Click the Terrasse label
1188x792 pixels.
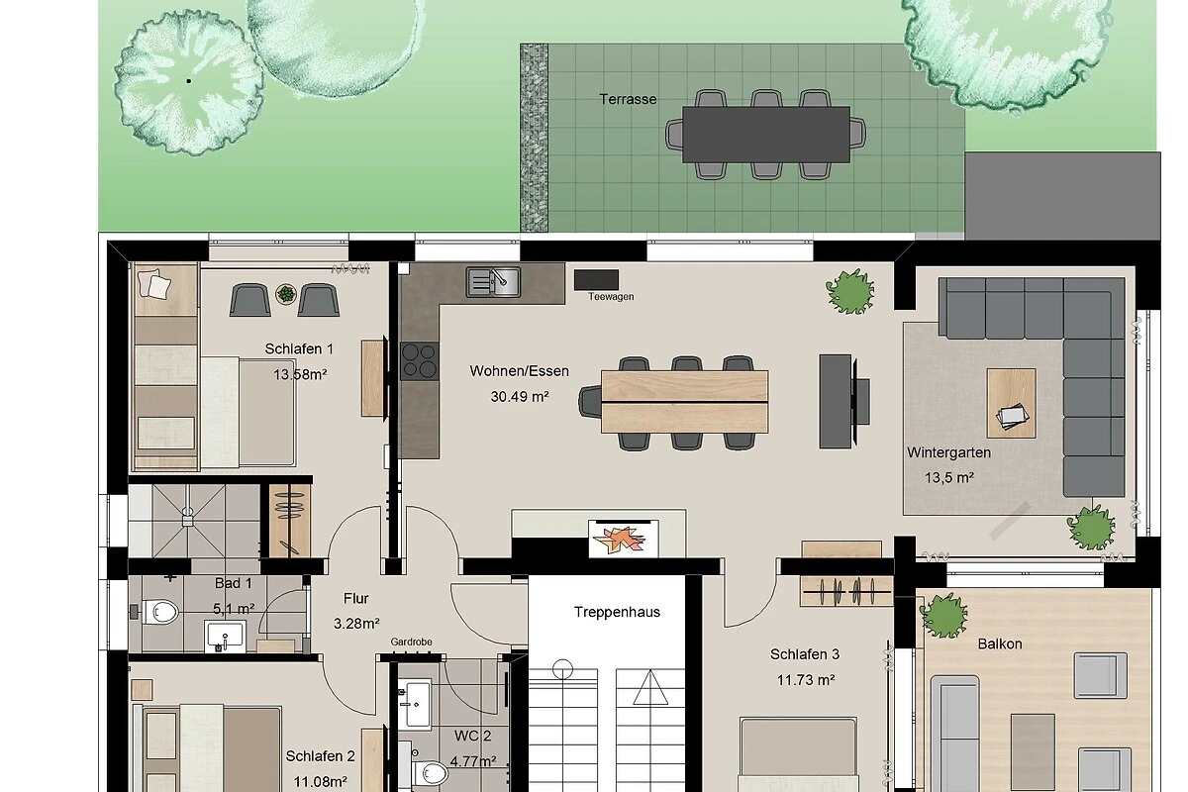pyautogui.click(x=628, y=99)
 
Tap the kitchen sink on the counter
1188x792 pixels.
pyautogui.click(x=493, y=282)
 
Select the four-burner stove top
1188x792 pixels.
pyautogui.click(x=420, y=360)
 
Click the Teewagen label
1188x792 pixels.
pyautogui.click(x=611, y=297)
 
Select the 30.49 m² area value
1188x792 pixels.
pyautogui.click(x=520, y=396)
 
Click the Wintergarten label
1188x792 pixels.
pyautogui.click(x=948, y=453)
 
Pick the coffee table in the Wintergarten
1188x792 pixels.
pyautogui.click(x=1012, y=403)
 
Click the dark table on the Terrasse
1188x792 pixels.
pyautogui.click(x=766, y=135)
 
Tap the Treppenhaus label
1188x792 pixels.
pyautogui.click(x=617, y=612)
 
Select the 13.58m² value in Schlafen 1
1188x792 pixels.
pyautogui.click(x=300, y=374)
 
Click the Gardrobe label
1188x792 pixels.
pyautogui.click(x=411, y=642)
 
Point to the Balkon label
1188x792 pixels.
pyautogui.click(x=1000, y=644)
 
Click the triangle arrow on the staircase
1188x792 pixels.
pyautogui.click(x=650, y=687)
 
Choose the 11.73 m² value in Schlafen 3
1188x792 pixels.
pyautogui.click(x=806, y=679)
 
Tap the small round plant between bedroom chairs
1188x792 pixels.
pyautogui.click(x=286, y=294)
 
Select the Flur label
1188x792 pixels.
pyautogui.click(x=355, y=598)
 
